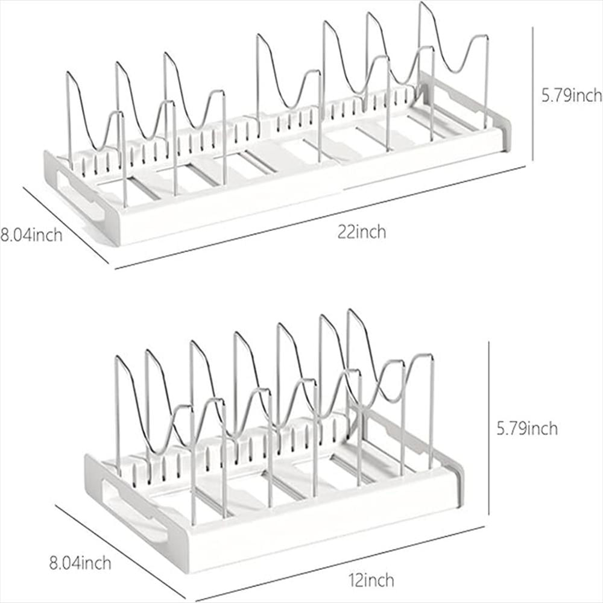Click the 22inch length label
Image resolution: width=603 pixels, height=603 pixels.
click(x=362, y=232)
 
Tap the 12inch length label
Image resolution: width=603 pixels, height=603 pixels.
click(x=371, y=580)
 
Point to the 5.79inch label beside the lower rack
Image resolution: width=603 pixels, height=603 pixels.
click(x=526, y=429)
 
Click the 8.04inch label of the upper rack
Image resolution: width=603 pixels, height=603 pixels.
click(x=31, y=234)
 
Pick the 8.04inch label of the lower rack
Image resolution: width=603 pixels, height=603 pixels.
click(x=80, y=564)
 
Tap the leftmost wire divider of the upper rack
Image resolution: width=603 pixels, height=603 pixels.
click(x=69, y=121)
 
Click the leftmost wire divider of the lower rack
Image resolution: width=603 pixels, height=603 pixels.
click(x=117, y=410)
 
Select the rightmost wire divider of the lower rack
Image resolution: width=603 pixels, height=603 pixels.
click(x=431, y=410)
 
